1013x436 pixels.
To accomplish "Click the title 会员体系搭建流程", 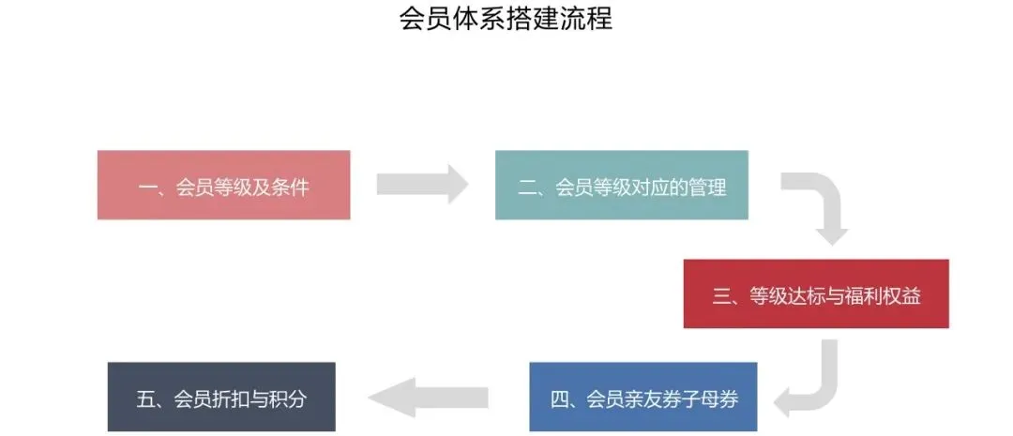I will coord(506,18).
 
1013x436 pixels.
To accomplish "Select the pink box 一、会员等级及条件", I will coord(223,186).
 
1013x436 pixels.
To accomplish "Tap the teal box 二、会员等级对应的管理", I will coord(621,186).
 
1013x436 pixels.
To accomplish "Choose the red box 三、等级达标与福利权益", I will coord(815,294).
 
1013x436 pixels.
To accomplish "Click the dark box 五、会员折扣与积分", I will coord(221,398).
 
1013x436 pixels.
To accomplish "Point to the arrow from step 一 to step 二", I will coord(421,184).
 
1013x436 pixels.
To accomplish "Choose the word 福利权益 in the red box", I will coord(884,295).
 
